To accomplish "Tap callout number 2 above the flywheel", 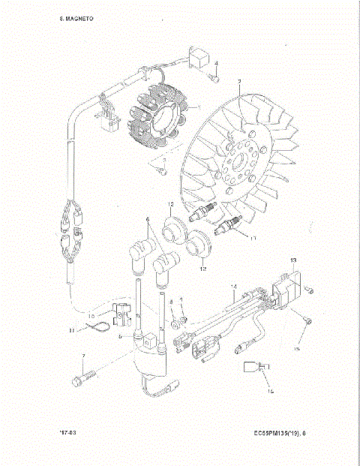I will (x=238, y=81).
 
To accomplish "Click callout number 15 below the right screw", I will (x=297, y=349).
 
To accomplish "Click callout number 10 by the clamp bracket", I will (x=92, y=315).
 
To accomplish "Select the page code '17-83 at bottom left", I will (x=70, y=433).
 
